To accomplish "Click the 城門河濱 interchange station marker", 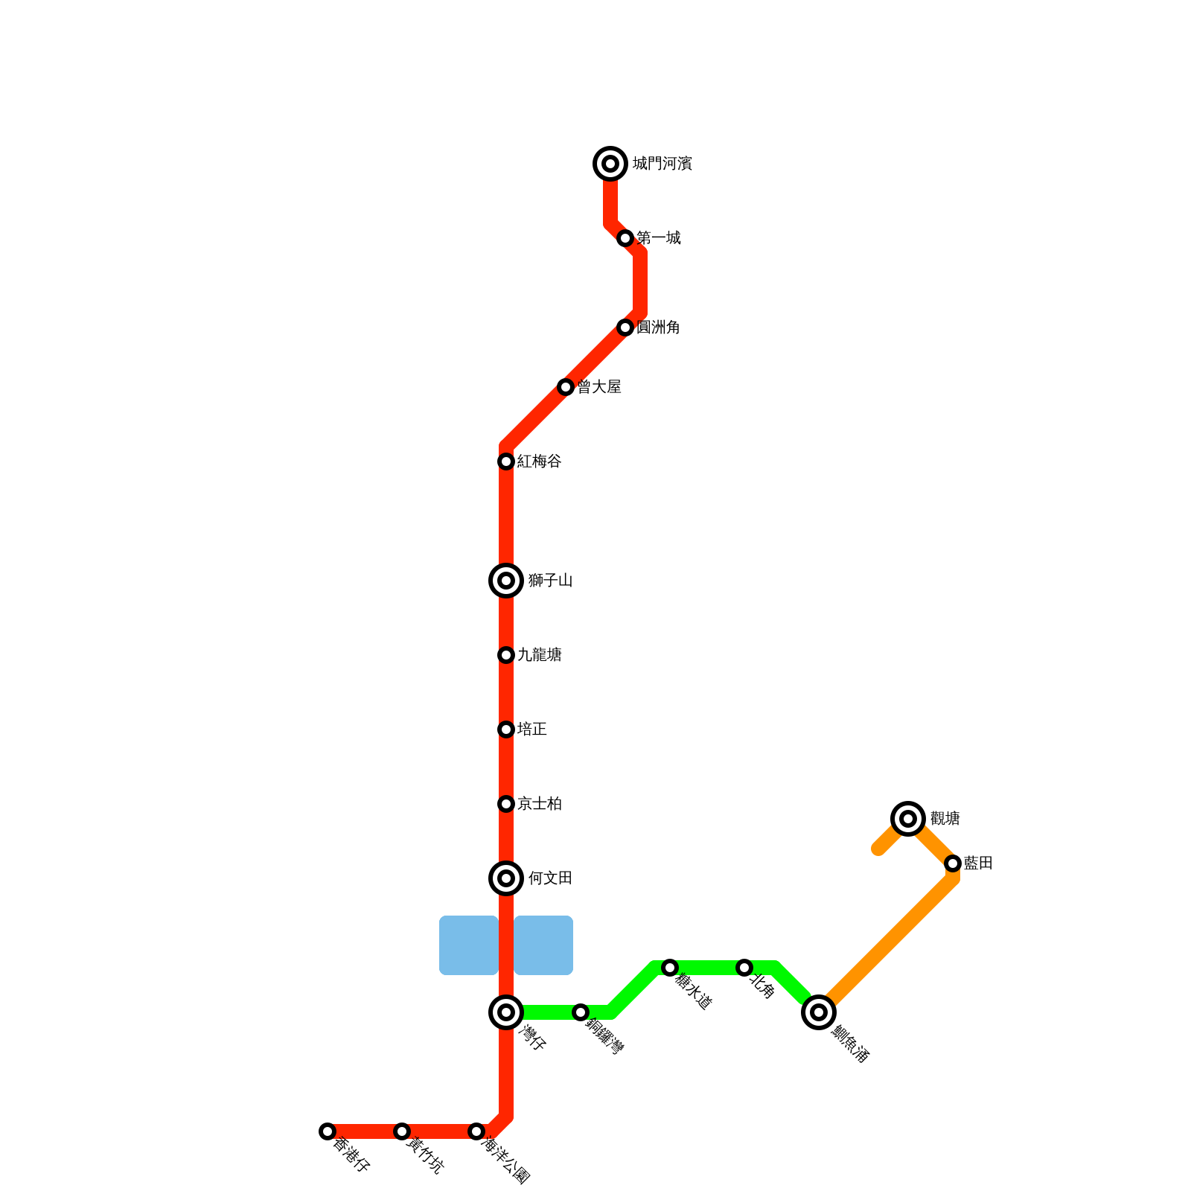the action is coord(610,164).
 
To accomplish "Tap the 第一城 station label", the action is coord(659,238).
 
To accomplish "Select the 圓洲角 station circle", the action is coord(625,328).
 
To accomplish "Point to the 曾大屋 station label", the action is coord(599,387).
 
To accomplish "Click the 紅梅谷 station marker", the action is coord(506,462).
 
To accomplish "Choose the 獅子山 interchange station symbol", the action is coord(506,581).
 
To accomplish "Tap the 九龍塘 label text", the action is coord(540,655).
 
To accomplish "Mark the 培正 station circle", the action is coord(506,729).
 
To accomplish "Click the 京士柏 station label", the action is coord(540,804).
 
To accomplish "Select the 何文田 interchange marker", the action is coord(506,878).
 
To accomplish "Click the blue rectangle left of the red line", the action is coord(469,945).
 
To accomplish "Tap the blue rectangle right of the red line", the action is coord(543,945).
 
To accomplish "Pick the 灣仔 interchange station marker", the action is coord(506,1012).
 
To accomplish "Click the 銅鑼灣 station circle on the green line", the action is coord(581,1012).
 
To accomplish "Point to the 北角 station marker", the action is coord(744,968).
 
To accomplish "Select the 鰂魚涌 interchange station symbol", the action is coord(819,1012).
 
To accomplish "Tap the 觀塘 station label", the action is coord(945,819).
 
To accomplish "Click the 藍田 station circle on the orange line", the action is coord(953,863).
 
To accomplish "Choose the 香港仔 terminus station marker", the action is coord(328,1131).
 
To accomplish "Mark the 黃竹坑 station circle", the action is coord(402,1131).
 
